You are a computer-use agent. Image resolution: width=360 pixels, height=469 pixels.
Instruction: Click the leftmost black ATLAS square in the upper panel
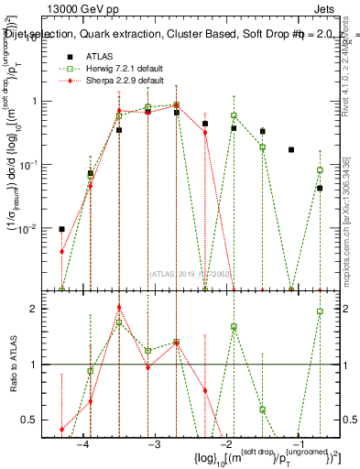61,229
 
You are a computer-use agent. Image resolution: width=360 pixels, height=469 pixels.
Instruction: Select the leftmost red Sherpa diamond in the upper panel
61,251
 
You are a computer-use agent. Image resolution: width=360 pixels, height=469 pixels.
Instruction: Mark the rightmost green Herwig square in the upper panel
320,170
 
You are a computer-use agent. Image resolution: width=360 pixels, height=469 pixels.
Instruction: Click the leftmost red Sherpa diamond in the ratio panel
61,429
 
